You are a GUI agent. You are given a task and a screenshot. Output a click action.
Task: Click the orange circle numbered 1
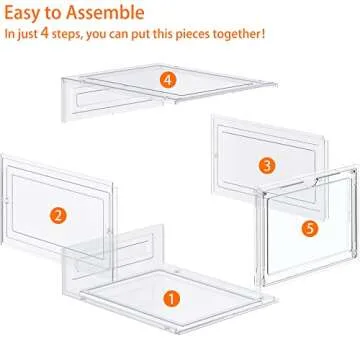pyautogui.click(x=172, y=298)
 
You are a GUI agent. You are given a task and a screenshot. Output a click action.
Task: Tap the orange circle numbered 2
pyautogui.click(x=59, y=213)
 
